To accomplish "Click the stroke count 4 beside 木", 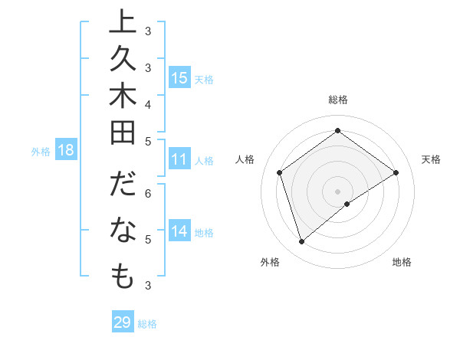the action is tap(147, 103).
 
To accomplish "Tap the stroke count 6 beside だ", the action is tap(147, 193).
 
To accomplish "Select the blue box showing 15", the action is tap(179, 77).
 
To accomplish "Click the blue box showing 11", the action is tap(179, 160).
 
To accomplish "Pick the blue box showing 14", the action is tap(179, 231).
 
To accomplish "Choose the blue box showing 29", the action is tap(123, 322).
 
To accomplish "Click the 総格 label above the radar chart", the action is tap(337, 100).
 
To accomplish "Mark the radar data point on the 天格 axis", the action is tap(396, 172).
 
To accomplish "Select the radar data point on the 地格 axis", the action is tap(347, 204).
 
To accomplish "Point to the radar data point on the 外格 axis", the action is tap(301, 242).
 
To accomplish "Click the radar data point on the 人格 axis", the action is tap(280, 172).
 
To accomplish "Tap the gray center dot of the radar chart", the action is tap(337, 191).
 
